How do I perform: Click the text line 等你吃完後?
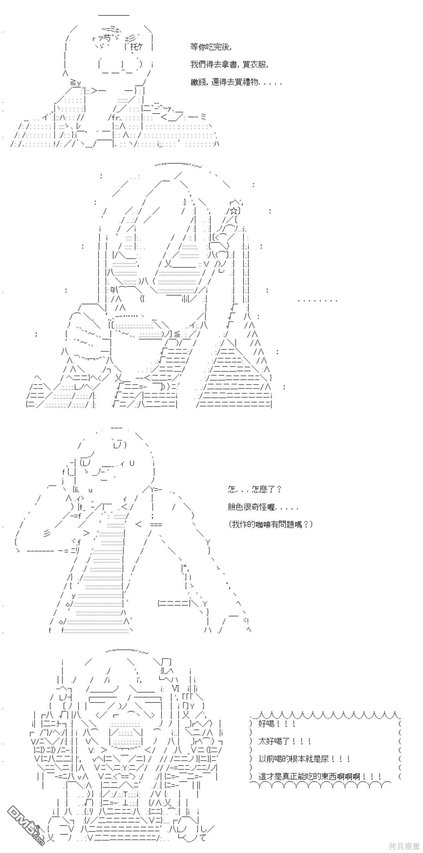click(211, 47)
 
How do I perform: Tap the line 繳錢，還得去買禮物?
click(236, 83)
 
